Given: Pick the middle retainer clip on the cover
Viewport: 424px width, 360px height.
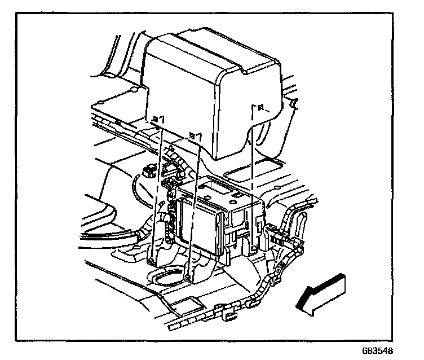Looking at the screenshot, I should click(195, 135).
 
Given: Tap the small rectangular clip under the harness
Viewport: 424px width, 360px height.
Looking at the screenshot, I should click(230, 319).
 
